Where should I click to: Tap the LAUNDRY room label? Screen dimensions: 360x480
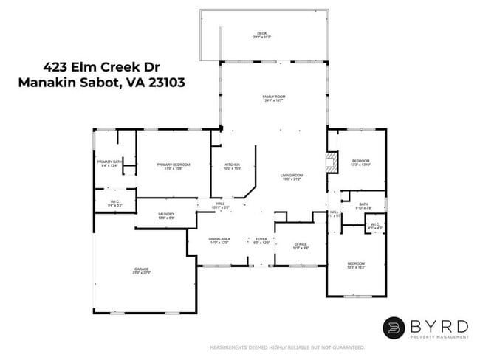(x=166, y=216)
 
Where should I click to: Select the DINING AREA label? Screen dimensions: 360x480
(x=219, y=240)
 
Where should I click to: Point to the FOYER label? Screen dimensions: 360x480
(x=261, y=240)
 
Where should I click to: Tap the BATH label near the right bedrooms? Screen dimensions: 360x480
(x=363, y=206)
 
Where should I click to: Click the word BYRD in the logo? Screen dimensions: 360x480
(x=439, y=325)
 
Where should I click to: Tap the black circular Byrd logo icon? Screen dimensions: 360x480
(x=394, y=328)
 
